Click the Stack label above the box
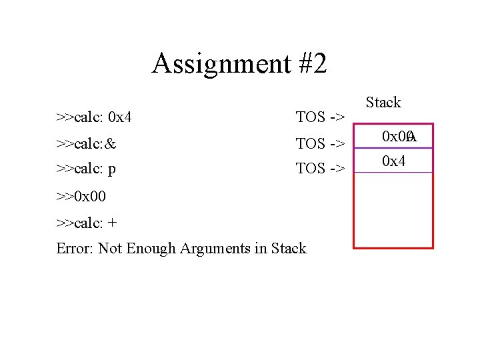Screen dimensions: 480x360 click(383, 103)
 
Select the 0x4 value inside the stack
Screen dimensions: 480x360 click(393, 161)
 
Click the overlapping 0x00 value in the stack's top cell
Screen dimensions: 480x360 click(398, 137)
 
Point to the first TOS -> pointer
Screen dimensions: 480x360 click(320, 118)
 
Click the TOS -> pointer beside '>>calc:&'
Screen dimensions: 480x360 click(320, 143)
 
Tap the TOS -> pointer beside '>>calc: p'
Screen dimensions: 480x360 click(320, 169)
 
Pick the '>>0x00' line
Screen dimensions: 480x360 click(81, 197)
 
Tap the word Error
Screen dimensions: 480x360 click(75, 249)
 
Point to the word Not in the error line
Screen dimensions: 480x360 click(110, 249)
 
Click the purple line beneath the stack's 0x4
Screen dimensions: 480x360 click(393, 172)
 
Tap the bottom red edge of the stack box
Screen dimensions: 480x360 click(393, 248)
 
